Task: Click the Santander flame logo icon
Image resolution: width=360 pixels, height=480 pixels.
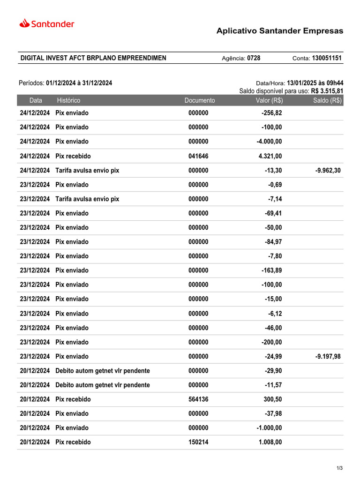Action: (24, 23)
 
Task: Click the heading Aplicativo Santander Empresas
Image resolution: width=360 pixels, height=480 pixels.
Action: (279, 31)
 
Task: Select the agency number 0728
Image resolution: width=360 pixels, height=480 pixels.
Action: (254, 58)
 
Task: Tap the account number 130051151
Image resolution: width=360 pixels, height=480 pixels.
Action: (327, 58)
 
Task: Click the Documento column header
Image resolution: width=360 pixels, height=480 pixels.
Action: (200, 100)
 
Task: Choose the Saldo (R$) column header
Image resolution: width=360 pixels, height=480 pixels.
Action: (328, 100)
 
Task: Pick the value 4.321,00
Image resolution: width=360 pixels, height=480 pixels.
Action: (270, 156)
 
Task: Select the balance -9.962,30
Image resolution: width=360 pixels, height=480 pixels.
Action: (328, 170)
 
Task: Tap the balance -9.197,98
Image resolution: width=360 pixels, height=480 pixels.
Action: (328, 356)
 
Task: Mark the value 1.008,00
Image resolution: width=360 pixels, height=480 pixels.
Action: (270, 442)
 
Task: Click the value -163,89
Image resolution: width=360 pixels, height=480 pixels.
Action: (271, 270)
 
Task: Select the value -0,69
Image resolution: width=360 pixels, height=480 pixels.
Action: (275, 185)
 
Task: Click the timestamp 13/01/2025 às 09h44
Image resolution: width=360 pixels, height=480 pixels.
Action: (315, 83)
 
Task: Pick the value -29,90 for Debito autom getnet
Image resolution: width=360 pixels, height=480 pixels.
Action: (273, 371)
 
